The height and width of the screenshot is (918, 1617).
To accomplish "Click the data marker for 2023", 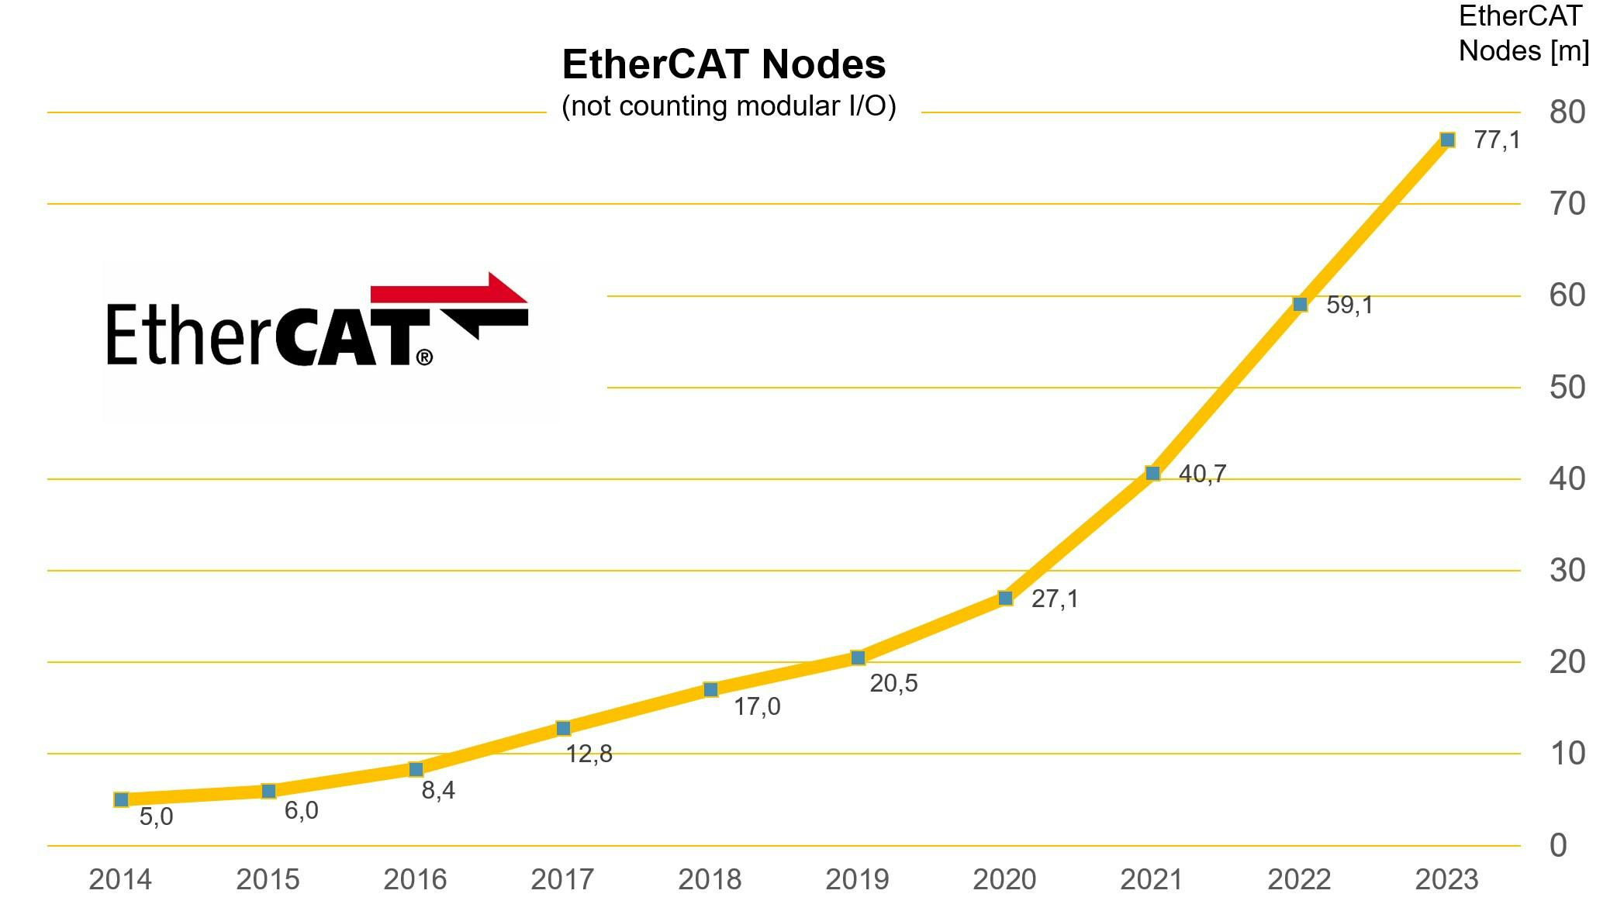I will point(1447,140).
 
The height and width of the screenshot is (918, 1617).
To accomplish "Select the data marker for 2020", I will point(1005,598).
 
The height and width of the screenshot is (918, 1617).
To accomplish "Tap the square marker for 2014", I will point(121,799).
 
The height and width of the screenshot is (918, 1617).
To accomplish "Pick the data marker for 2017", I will point(563,728).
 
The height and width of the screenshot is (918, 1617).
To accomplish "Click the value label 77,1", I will point(1497,140).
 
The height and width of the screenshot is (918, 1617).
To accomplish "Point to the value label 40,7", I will point(1202,474).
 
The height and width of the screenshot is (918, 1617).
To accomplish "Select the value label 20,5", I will point(893,683).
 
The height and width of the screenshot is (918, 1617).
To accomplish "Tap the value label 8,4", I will point(438,790).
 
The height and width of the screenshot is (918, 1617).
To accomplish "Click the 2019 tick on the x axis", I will point(857,879).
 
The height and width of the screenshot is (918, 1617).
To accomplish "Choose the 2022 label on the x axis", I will point(1299,879).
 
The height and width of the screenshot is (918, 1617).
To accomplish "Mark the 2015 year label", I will point(268,879).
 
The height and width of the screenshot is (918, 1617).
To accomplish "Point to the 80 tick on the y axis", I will point(1567,112).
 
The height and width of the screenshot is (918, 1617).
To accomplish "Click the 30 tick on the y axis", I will point(1567,571).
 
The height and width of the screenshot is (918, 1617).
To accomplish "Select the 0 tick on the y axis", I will point(1558,845).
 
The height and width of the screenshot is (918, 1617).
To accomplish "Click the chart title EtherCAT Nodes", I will point(724,64).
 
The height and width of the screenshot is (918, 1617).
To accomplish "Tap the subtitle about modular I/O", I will point(728,106).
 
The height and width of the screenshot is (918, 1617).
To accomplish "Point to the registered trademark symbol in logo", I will point(424,357).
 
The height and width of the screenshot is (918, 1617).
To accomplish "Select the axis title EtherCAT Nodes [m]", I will point(1523,33).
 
